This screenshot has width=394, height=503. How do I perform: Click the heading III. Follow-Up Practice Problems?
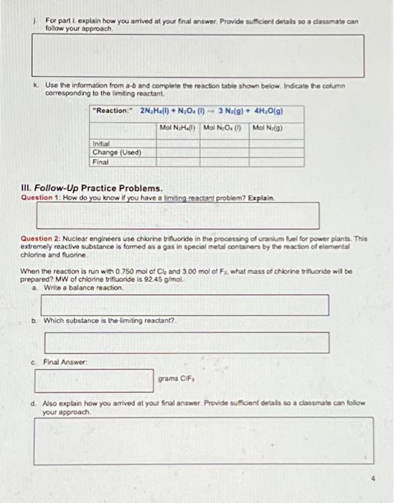[85, 189]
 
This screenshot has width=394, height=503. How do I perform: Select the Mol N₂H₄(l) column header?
[178, 128]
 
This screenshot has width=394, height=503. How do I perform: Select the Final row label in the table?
[100, 162]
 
